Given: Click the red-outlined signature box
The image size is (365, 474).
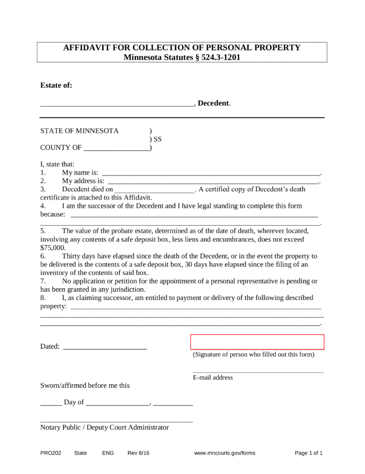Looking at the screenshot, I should coord(257,342).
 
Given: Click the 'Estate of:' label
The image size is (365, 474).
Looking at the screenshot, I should coord(56,85).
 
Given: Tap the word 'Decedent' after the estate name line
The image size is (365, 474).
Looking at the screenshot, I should coord(213,103).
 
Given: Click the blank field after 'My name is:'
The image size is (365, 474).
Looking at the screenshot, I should coord(211,173).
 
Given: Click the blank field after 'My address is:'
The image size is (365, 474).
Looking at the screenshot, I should coord(214,181).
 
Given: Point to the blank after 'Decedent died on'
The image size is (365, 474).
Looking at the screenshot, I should coord(154,189).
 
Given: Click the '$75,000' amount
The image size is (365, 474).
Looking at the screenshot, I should coord(53,248).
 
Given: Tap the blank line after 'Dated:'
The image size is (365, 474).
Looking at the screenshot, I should coord(104,346).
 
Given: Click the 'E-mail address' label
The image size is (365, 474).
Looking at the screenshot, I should coord(213,377).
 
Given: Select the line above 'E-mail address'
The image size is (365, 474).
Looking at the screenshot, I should coord(258,371).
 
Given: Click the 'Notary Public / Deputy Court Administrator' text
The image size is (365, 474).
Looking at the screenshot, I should coord(104,427).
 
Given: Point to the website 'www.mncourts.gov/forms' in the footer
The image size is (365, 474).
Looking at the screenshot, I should coord(225,453).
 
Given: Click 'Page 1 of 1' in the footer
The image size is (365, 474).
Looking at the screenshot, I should coord(309,453).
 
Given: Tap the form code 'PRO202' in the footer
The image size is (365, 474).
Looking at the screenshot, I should coord(51,453).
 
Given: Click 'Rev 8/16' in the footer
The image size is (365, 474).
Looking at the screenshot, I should coord(138,453).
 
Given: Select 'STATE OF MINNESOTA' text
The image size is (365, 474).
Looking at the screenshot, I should coord(79,131).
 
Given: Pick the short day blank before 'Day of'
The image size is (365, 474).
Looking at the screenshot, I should coord(51,403).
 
